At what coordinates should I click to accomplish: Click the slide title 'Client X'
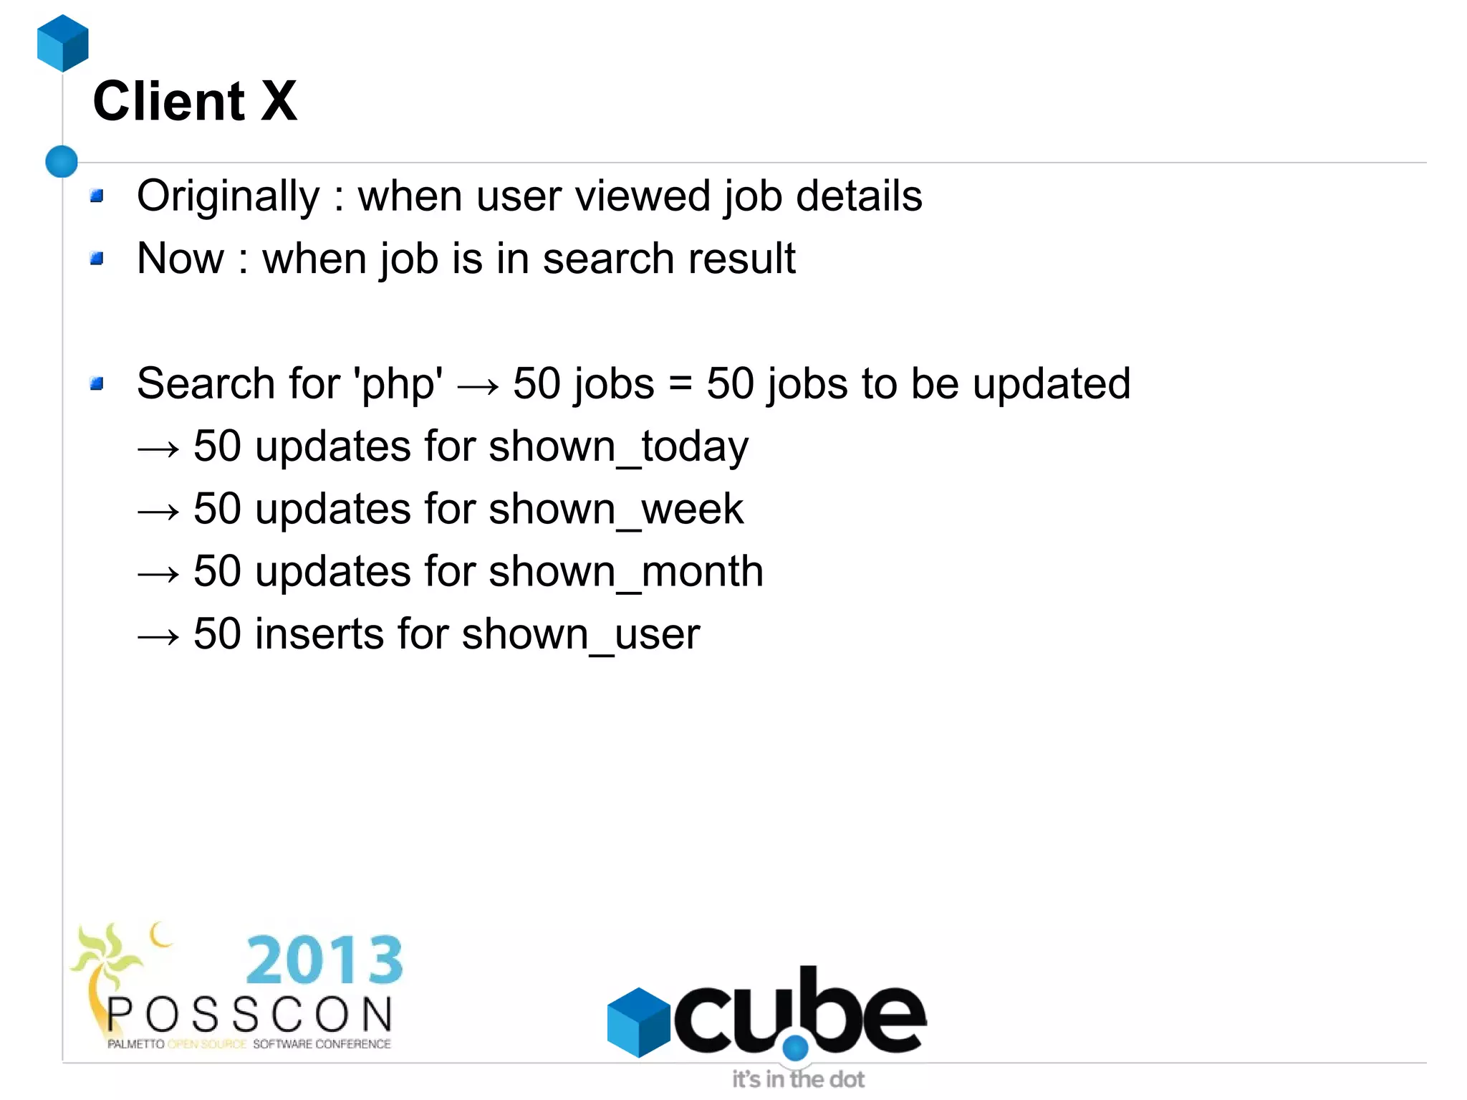195,101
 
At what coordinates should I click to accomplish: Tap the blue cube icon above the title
63,43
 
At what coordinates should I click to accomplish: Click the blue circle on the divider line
62,161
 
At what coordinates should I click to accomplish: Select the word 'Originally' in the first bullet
228,196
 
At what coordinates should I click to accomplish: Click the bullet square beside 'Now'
97,258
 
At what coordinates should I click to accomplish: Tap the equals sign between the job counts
680,384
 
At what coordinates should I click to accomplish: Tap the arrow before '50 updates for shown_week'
158,512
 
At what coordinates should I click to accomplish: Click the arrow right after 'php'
478,387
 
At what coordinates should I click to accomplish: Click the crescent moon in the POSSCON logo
161,934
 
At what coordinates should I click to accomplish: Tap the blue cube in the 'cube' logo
638,1022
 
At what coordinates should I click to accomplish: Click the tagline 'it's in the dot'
797,1079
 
